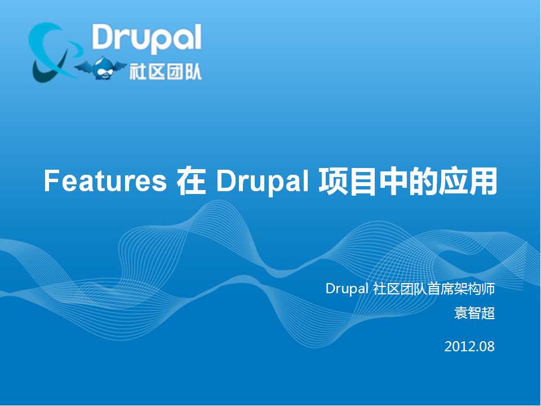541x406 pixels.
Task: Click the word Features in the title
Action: (x=105, y=182)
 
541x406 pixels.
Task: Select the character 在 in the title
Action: (x=191, y=181)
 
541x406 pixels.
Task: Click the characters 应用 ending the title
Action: (x=468, y=181)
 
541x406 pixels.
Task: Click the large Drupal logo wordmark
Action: (x=147, y=38)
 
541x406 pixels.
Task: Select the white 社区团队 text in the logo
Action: (x=165, y=72)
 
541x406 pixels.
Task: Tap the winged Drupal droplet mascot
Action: (x=100, y=68)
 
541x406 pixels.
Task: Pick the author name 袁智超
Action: (x=475, y=313)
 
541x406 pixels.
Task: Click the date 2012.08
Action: (x=469, y=346)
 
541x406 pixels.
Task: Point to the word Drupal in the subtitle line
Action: (x=347, y=289)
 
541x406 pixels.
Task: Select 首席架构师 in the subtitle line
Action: (x=461, y=289)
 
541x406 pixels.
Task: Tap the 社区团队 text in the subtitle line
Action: (x=400, y=289)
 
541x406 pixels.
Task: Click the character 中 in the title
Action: (x=393, y=181)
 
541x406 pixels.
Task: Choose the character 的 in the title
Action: (x=423, y=181)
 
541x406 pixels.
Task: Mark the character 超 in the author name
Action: (x=488, y=313)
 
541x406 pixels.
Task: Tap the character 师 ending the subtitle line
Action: (x=488, y=289)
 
